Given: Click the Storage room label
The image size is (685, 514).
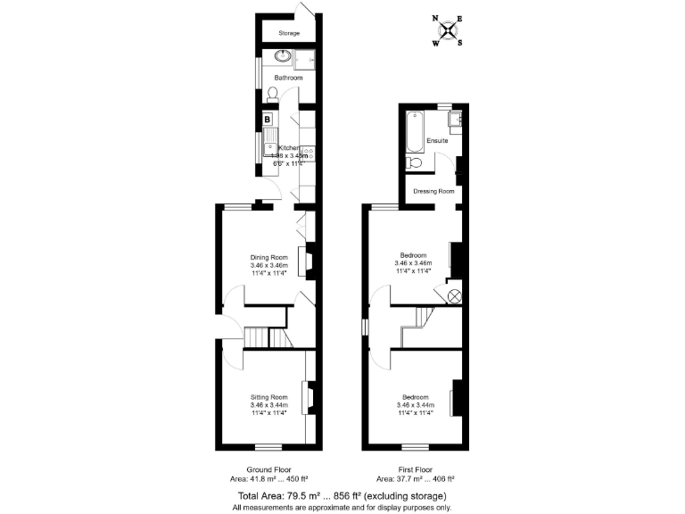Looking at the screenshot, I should coord(288,34).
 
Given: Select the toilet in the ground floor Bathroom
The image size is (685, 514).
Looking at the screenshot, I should coord(273,93).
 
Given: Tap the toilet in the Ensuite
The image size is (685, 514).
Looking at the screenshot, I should coord(414,163).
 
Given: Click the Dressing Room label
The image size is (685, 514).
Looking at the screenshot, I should coord(434,191).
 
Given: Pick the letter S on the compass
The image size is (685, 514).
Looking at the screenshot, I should coord(460,42).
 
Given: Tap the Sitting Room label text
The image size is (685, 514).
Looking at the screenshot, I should coord(268,397).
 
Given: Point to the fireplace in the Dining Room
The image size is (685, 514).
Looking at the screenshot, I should coord(308,259).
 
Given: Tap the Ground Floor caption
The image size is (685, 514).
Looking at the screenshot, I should coord(269,469).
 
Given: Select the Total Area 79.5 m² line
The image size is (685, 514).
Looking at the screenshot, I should coord(342,495).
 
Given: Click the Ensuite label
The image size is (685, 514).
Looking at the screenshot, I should coord(438,141).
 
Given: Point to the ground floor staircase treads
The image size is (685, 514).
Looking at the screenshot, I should coord(258,338).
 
